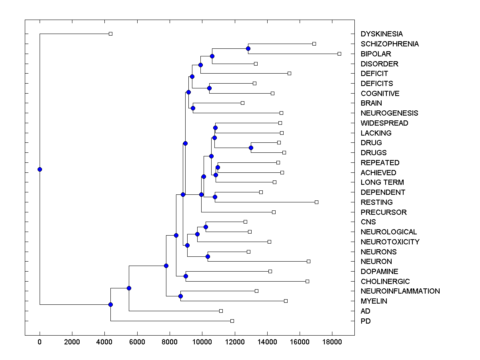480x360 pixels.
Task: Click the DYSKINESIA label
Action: (x=382, y=34)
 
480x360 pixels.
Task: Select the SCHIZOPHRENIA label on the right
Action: (x=390, y=44)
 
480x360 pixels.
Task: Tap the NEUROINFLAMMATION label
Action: (x=400, y=291)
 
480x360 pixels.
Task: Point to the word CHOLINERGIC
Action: (x=385, y=282)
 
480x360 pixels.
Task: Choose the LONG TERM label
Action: (x=382, y=182)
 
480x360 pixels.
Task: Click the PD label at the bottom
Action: (x=366, y=321)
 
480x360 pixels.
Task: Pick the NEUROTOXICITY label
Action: (x=390, y=242)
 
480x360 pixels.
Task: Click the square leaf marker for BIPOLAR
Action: (x=339, y=54)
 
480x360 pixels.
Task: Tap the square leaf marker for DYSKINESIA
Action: (x=111, y=34)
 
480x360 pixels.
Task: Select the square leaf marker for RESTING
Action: (x=316, y=202)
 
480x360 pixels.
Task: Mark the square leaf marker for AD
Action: (x=221, y=311)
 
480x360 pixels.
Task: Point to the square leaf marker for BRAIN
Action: (x=242, y=103)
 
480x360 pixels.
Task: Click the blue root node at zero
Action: (x=40, y=169)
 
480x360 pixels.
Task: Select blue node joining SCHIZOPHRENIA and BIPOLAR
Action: (x=248, y=48)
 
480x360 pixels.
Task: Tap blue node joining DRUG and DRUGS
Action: (x=251, y=148)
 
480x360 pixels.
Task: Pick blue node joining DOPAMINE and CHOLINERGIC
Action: (x=186, y=276)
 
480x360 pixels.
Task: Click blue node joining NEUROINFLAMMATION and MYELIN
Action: (x=180, y=296)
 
